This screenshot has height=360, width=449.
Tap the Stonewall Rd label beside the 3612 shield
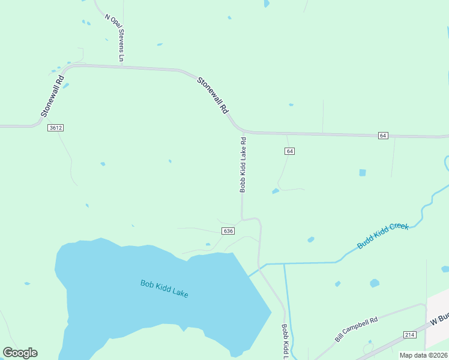[x=52, y=96]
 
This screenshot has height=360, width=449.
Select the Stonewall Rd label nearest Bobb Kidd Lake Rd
[x=214, y=95]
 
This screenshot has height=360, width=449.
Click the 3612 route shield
[x=56, y=128]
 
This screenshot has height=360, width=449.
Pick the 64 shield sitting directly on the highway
[x=382, y=136]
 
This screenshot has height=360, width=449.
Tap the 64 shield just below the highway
[x=290, y=151]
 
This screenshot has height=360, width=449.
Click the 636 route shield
[x=228, y=231]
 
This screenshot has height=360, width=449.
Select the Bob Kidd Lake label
[x=164, y=289]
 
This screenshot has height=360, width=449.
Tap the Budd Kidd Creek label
[x=383, y=236]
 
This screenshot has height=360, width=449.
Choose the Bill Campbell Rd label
[x=356, y=329]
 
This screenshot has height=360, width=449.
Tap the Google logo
[x=20, y=353]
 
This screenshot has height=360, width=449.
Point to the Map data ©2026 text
[x=423, y=355]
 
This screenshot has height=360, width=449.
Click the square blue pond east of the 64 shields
[x=363, y=173]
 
